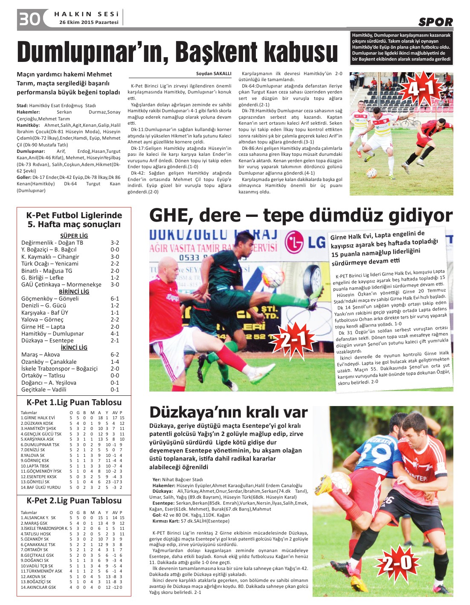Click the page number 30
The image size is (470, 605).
(29, 19)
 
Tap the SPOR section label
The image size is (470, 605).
(435, 22)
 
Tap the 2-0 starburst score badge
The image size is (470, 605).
(396, 563)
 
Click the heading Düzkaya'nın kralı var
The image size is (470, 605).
(228, 412)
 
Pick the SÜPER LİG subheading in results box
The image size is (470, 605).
(74, 236)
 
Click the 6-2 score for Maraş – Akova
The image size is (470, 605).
(115, 354)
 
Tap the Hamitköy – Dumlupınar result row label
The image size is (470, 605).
(52, 333)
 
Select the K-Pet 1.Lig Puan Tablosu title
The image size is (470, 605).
(74, 402)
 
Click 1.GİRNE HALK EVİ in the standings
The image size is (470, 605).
(38, 418)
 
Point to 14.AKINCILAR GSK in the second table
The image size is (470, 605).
(38, 587)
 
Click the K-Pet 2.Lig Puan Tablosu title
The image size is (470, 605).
(74, 500)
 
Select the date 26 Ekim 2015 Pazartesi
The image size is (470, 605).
(89, 22)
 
